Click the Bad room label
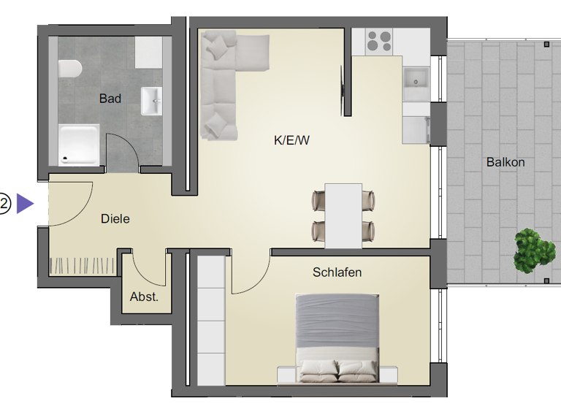point(110,99)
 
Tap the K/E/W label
point(292,141)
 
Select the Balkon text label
point(505,162)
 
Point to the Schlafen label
point(337,272)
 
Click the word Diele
point(115,218)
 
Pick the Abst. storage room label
point(144,297)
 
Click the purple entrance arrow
point(26,204)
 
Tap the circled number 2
point(5,204)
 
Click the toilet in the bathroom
point(70,69)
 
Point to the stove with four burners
point(379,41)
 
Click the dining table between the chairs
point(343,215)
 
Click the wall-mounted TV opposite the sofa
point(342,90)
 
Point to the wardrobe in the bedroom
point(210,321)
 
